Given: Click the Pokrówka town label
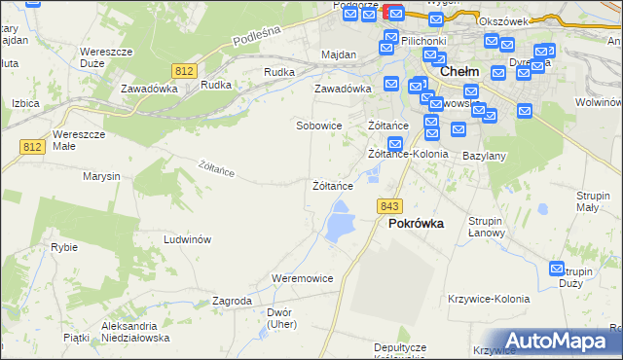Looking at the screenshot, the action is click(416, 223).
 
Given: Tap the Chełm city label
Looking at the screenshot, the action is click(458, 71).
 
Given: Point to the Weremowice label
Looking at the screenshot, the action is click(303, 278).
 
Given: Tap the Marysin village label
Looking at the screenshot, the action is click(101, 176).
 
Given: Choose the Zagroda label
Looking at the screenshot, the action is click(233, 302).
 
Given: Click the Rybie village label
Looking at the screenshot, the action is click(64, 247).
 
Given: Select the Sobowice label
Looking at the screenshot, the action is click(319, 126).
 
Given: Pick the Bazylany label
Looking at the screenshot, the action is click(484, 156).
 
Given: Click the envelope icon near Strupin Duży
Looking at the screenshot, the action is click(558, 269).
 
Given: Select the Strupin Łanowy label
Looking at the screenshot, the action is click(485, 227).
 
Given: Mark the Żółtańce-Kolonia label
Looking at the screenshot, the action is click(408, 154).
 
